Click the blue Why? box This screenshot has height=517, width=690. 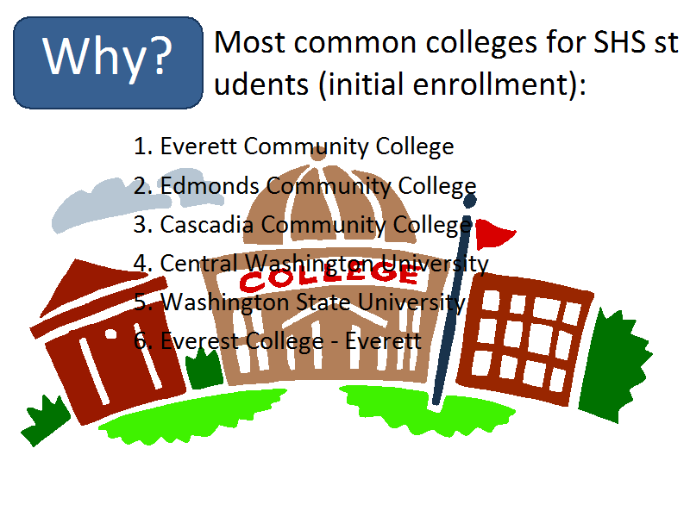coord(109,63)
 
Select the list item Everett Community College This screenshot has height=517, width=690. coord(293,146)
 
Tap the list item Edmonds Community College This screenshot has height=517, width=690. coord(304,185)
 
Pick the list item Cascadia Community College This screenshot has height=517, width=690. coord(303,225)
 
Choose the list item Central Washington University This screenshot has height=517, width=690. coord(310,264)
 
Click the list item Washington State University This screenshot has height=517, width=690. coord(299,302)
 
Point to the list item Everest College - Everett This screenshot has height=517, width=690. coord(277,341)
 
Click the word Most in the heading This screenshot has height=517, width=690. coord(249,42)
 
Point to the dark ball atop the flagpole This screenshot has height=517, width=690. coord(470,201)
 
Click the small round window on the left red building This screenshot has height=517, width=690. coord(110,334)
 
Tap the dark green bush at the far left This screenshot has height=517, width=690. coord(45,420)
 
